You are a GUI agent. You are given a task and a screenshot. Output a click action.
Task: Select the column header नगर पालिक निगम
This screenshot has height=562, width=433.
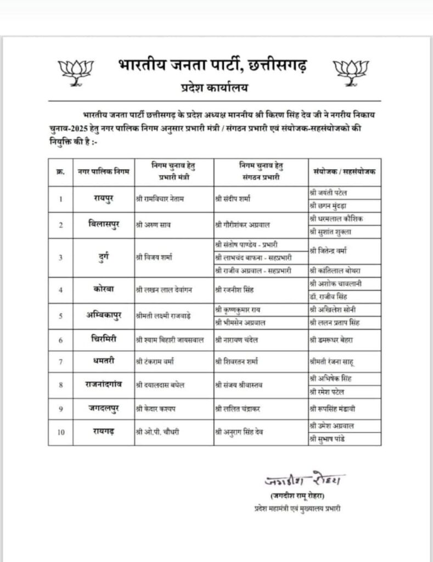tap(104, 171)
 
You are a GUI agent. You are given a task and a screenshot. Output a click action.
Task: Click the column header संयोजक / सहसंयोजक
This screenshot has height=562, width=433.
tap(345, 171)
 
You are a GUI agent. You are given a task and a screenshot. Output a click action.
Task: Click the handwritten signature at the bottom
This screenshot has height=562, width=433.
tap(301, 481)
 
